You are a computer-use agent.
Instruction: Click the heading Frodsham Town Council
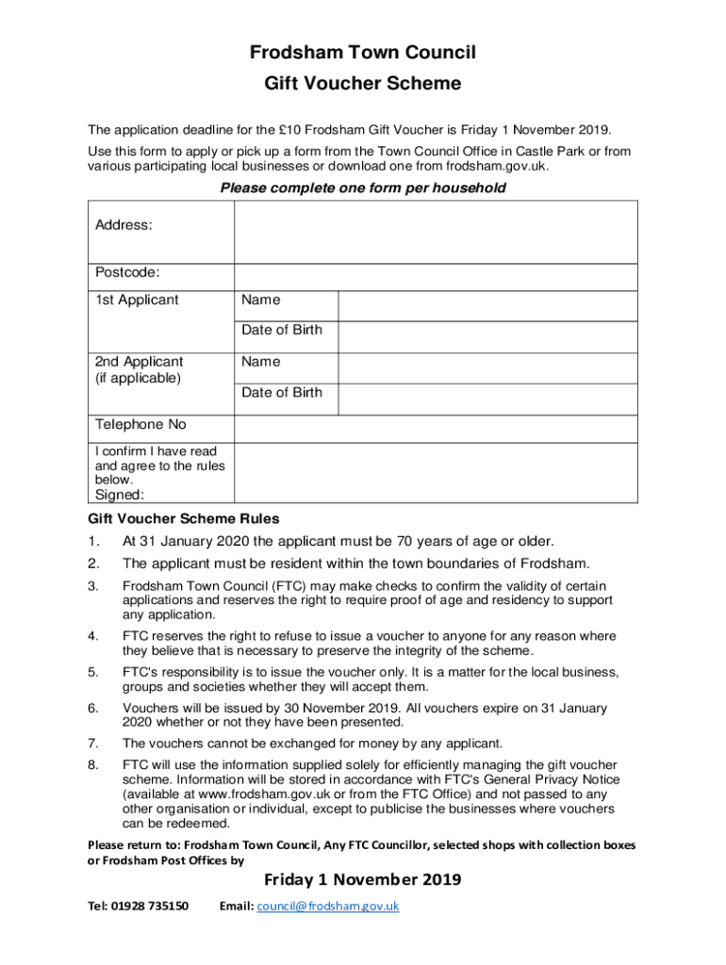click(x=363, y=52)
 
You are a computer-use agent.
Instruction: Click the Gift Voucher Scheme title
click(x=363, y=84)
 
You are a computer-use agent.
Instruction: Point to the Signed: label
click(x=120, y=495)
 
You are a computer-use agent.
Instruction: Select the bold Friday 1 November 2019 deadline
click(x=363, y=880)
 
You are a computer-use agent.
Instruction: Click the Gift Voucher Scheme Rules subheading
click(x=184, y=519)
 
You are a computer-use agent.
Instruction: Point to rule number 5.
click(x=92, y=672)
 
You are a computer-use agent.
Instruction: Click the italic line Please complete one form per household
click(x=363, y=188)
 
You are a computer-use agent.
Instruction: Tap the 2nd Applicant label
click(x=140, y=362)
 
